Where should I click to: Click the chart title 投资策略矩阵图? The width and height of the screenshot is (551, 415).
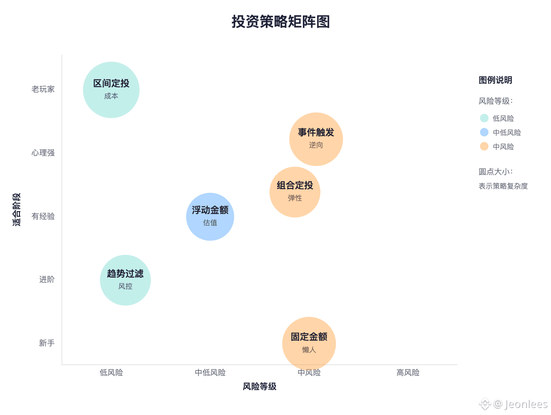(x=281, y=22)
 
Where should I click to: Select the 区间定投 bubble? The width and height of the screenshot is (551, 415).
(x=111, y=90)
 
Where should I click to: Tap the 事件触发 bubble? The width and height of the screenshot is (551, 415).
(x=316, y=139)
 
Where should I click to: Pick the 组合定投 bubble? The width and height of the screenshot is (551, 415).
(x=295, y=192)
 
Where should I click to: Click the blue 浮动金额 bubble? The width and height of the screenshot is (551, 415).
(x=210, y=216)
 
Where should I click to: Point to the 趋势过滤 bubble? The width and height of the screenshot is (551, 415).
(x=125, y=280)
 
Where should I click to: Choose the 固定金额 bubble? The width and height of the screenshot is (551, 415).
(x=309, y=343)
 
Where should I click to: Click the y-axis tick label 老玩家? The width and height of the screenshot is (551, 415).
(x=43, y=89)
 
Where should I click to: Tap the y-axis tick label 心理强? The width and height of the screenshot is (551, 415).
(x=43, y=153)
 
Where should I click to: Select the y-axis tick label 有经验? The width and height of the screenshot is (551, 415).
(x=43, y=216)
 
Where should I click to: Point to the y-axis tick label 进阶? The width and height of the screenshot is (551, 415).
(x=47, y=279)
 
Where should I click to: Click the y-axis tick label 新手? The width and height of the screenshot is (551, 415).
(x=47, y=343)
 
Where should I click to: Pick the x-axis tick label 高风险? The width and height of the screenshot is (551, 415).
(x=408, y=373)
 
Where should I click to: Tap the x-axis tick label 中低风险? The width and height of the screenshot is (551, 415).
(x=210, y=373)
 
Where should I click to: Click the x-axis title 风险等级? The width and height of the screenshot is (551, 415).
(x=260, y=387)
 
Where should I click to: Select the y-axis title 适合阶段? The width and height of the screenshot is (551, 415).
(x=17, y=210)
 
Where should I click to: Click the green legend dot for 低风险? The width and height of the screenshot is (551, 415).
(x=484, y=118)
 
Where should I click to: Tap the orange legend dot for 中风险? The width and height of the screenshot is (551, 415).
(x=484, y=147)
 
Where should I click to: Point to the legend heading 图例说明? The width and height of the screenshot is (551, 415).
(x=495, y=80)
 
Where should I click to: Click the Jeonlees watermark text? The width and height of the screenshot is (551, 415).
(x=526, y=404)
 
